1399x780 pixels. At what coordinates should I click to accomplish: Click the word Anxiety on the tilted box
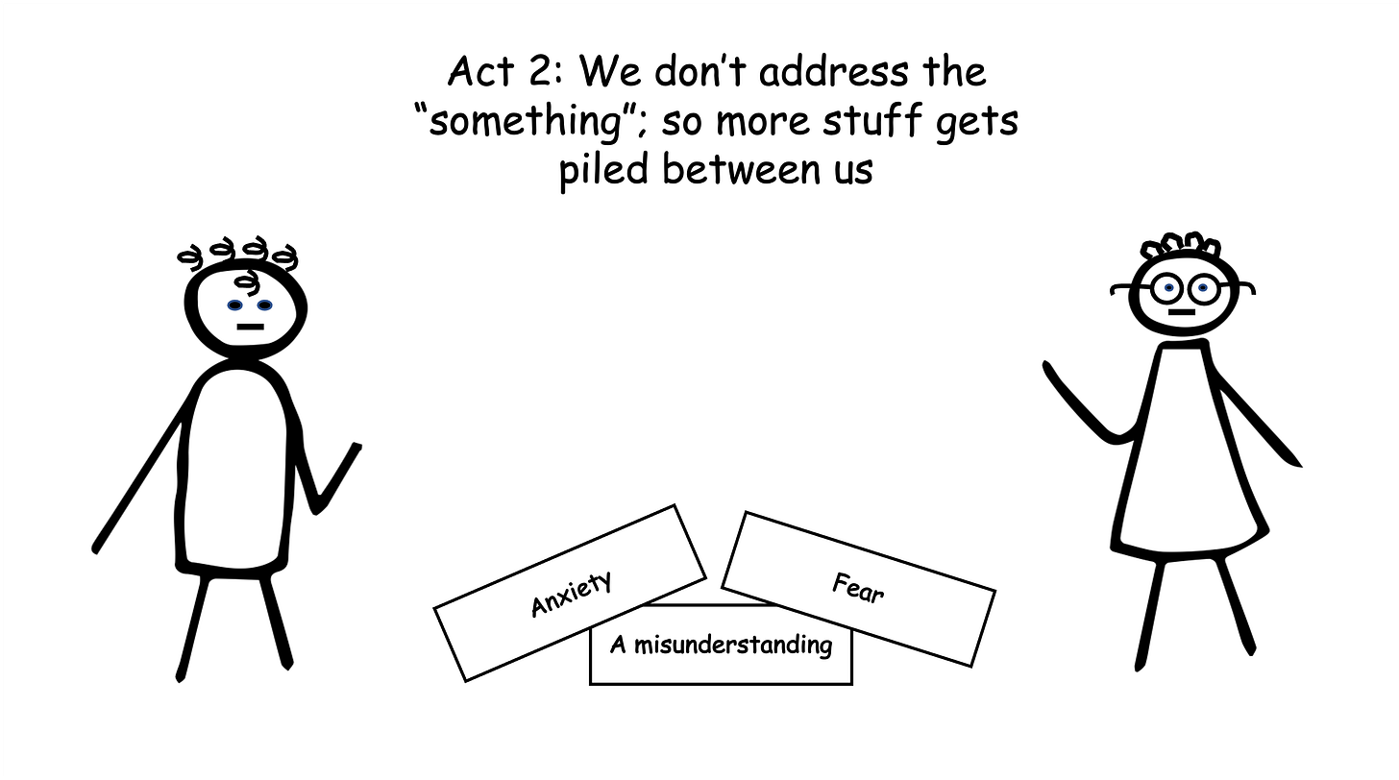[x=571, y=593]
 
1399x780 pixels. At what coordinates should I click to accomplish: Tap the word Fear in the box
[x=857, y=587]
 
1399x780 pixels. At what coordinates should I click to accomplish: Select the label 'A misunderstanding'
[x=721, y=644]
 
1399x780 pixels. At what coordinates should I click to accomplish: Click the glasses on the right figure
[x=1183, y=286]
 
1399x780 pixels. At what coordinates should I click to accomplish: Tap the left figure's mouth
[x=250, y=327]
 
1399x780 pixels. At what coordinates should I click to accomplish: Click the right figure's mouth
[x=1182, y=312]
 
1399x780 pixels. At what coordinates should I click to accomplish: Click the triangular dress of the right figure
[x=1188, y=461]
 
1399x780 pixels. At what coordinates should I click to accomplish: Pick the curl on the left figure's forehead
[x=248, y=281]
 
